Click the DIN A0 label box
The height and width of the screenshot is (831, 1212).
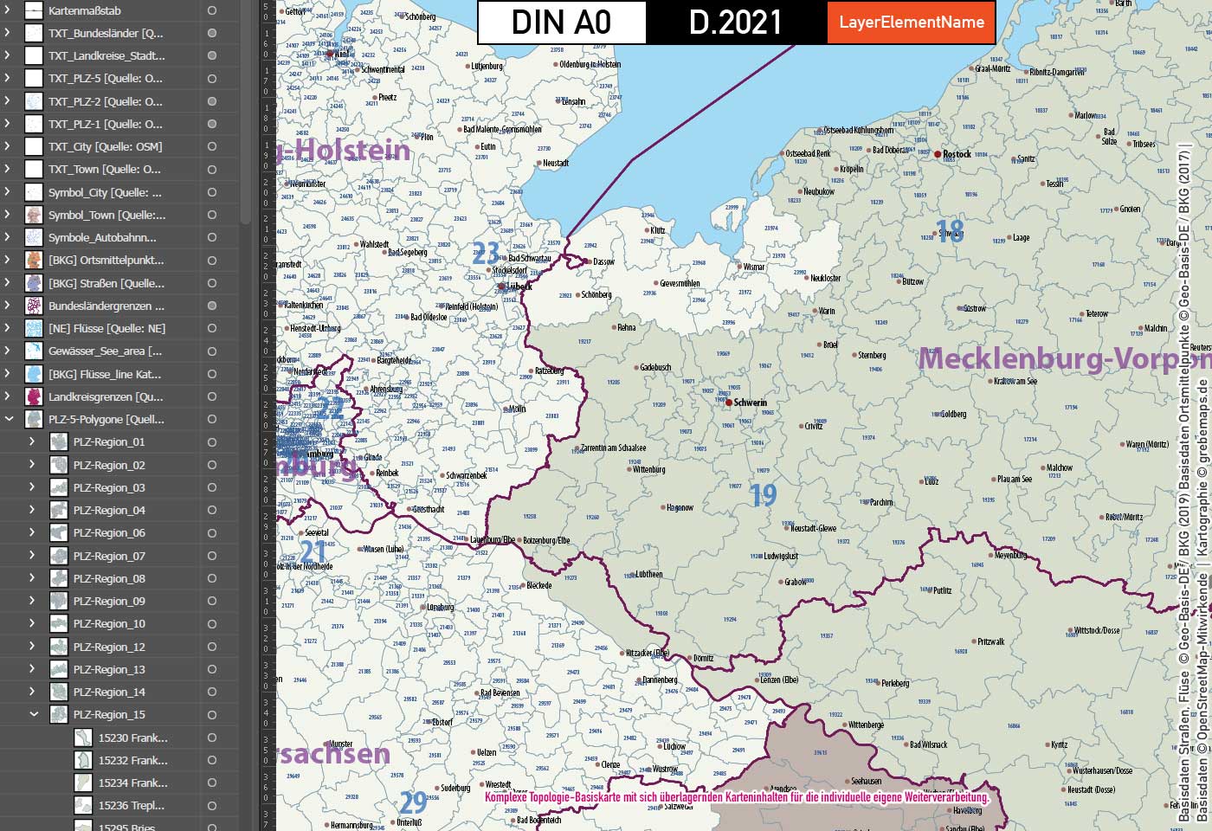[x=561, y=23]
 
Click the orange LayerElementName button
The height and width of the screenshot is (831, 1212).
[x=911, y=23]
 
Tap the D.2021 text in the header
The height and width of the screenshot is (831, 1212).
[x=735, y=23]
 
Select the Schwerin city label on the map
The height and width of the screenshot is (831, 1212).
[x=750, y=403]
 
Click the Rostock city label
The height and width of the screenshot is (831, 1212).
[x=957, y=154]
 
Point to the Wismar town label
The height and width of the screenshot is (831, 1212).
[x=754, y=267]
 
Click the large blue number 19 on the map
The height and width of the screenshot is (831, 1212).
[x=763, y=495]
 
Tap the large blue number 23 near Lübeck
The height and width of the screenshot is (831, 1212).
[x=486, y=253]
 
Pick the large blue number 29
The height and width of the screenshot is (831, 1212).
[x=413, y=802]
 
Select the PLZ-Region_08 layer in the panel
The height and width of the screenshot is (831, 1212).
[x=109, y=578]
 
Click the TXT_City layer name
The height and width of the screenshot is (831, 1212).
[x=105, y=146]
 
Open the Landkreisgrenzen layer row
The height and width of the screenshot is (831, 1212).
[x=106, y=396]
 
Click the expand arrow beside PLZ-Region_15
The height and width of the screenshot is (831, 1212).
[x=34, y=714]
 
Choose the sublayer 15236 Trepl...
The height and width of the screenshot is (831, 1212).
[x=131, y=805]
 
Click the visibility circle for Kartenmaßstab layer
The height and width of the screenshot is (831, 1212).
[x=212, y=10]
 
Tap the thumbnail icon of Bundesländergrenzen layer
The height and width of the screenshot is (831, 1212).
[x=34, y=306]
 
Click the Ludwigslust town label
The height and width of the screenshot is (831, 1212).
[x=781, y=556]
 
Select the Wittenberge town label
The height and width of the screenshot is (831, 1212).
[x=866, y=725]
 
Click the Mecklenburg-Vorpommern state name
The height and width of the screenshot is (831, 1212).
[x=1063, y=358]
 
